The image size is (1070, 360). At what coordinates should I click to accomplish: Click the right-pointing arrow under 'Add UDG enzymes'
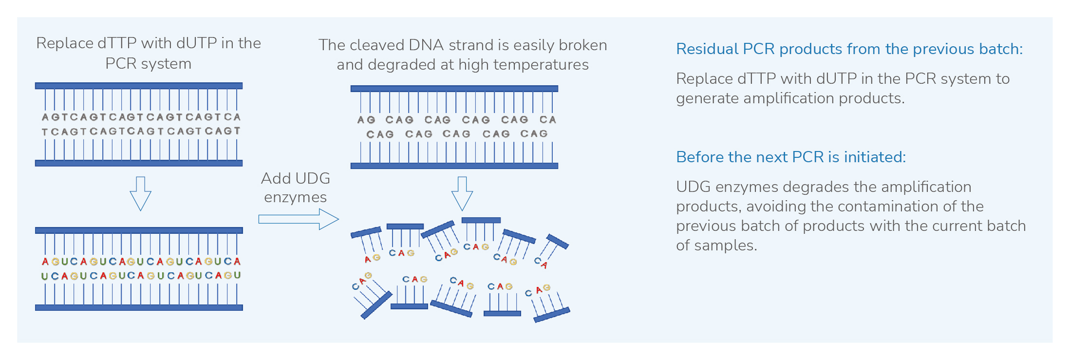click(x=298, y=219)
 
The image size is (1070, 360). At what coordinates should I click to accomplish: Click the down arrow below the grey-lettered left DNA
click(x=140, y=193)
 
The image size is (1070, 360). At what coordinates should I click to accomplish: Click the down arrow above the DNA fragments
click(x=462, y=193)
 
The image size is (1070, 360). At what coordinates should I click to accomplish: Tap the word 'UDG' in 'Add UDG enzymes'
click(x=312, y=178)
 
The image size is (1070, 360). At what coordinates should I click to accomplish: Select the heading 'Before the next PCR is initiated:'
click(x=790, y=157)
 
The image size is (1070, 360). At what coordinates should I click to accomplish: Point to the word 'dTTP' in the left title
click(x=117, y=43)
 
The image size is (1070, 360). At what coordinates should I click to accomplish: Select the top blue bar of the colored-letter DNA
click(x=139, y=230)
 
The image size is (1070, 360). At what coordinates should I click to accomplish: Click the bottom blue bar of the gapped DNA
click(x=454, y=166)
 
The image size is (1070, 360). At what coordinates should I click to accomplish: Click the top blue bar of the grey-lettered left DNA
click(x=139, y=86)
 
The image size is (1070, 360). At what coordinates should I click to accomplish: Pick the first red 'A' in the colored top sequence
click(x=45, y=262)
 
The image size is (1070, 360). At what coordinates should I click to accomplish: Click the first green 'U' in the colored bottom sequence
click(x=44, y=276)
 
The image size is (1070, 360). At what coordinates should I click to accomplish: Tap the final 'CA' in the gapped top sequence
click(x=547, y=119)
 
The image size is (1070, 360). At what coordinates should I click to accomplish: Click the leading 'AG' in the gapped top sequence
click(x=366, y=120)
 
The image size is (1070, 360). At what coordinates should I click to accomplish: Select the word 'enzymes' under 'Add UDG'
click(x=295, y=197)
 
